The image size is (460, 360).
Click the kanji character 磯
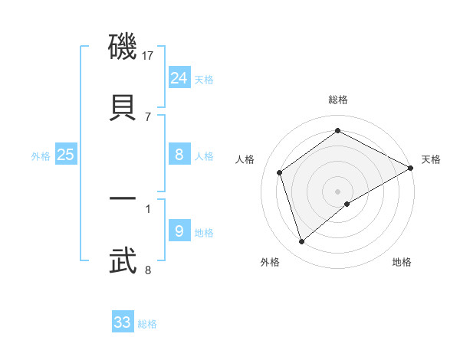click(x=123, y=50)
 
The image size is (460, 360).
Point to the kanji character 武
click(x=123, y=260)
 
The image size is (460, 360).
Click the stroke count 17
click(x=148, y=56)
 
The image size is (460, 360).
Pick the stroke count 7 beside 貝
click(x=148, y=116)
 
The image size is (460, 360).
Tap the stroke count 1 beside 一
click(x=148, y=208)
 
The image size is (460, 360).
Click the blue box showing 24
click(x=179, y=77)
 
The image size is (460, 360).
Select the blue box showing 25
click(x=66, y=155)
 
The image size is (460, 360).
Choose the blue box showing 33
click(x=123, y=322)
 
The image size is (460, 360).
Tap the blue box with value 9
click(x=179, y=231)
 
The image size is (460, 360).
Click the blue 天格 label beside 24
click(x=204, y=80)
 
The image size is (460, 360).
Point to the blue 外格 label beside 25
click(x=41, y=156)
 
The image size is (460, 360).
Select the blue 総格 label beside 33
click(x=147, y=324)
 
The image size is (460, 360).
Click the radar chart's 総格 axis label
click(x=338, y=100)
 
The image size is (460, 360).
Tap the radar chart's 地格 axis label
click(x=402, y=262)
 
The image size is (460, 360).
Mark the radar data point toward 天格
click(x=411, y=167)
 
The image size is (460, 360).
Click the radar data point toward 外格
click(x=302, y=243)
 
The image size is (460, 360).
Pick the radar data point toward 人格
click(x=280, y=172)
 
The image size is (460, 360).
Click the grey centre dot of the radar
click(x=338, y=191)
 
